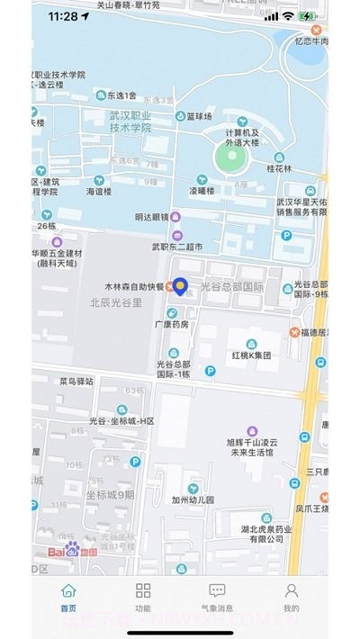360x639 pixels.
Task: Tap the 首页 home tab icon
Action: [x=68, y=591]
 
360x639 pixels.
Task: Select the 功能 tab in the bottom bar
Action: [x=143, y=591]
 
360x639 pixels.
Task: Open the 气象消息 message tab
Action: [x=217, y=591]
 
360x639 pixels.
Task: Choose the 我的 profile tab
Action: [x=292, y=591]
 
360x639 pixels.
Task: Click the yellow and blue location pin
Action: [x=180, y=286]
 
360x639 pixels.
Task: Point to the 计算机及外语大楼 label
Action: [x=242, y=137]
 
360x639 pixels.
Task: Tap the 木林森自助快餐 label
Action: [x=130, y=287]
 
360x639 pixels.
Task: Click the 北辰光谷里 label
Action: [x=116, y=303]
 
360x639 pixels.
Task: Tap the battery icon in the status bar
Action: [x=307, y=16]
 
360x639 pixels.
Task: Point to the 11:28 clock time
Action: [x=63, y=16]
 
